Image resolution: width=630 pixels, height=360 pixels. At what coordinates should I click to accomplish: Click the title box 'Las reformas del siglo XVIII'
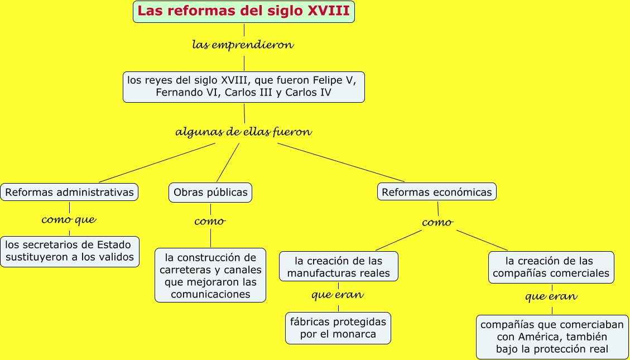244,11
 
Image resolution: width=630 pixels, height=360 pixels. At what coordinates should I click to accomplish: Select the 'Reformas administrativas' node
69,192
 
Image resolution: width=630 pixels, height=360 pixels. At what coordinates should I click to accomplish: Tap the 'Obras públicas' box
210,192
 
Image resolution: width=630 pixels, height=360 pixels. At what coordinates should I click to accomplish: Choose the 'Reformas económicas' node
437,192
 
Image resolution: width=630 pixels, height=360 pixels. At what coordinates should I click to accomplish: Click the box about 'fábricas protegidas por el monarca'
338,328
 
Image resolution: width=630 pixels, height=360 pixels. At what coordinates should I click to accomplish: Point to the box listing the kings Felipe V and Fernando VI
244,86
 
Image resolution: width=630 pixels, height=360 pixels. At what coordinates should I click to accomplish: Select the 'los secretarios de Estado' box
69,251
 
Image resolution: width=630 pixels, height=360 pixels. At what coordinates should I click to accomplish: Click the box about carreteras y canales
210,275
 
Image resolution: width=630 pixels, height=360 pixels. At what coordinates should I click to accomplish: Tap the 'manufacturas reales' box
339,267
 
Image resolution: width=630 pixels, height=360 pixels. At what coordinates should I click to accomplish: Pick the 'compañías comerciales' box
551,267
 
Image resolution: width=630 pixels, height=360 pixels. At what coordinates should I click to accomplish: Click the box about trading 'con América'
552,337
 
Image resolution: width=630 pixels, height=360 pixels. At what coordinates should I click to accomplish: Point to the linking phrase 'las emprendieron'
243,45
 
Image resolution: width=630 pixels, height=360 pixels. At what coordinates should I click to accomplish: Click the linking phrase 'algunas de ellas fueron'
243,132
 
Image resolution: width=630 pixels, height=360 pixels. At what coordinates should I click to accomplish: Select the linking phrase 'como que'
69,220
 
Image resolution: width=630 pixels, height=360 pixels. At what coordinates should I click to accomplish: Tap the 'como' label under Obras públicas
210,222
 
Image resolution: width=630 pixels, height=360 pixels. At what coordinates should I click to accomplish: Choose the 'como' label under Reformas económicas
437,223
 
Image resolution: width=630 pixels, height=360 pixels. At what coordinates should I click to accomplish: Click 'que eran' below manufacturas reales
338,295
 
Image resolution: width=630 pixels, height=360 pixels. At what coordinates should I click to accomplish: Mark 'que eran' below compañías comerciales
551,296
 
